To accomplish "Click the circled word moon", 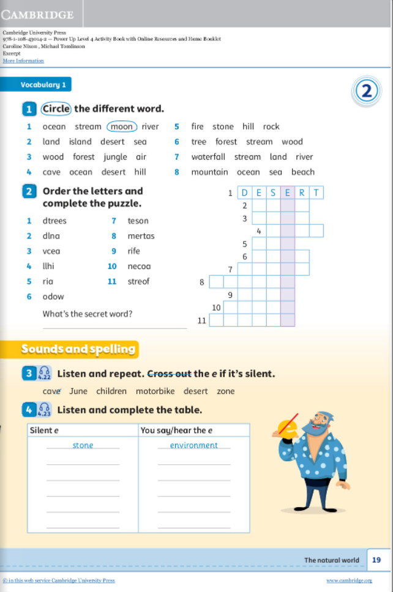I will (x=122, y=127).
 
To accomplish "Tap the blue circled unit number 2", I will (x=367, y=91).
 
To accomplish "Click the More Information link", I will (x=23, y=61).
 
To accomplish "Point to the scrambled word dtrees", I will (x=54, y=221).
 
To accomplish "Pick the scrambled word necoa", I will (x=139, y=266).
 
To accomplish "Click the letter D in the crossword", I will (x=244, y=193).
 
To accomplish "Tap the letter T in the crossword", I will (x=316, y=193).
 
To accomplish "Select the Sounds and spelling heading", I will (x=78, y=349).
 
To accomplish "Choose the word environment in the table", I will (x=194, y=445).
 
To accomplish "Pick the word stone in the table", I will (x=83, y=445).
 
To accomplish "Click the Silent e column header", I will (x=45, y=431).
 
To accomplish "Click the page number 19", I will (x=376, y=560).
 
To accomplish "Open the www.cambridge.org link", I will (x=349, y=580).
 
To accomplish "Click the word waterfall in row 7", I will (x=208, y=157).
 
